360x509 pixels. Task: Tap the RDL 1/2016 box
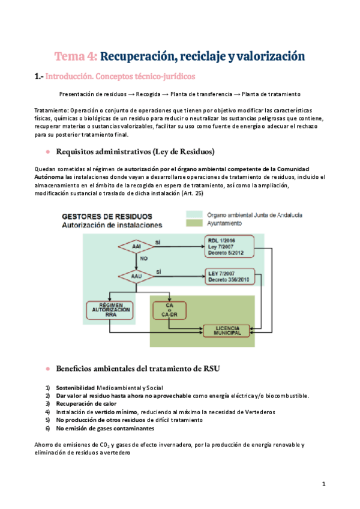(x=228, y=245)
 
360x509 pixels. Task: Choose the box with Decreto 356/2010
(x=228, y=276)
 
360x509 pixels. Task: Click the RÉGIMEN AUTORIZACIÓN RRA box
(x=110, y=312)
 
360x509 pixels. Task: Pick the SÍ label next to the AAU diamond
(x=158, y=271)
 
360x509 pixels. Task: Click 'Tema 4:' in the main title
(x=76, y=56)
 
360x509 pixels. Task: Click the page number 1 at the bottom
(x=323, y=483)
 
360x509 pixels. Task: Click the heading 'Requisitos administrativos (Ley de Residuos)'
(x=135, y=151)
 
